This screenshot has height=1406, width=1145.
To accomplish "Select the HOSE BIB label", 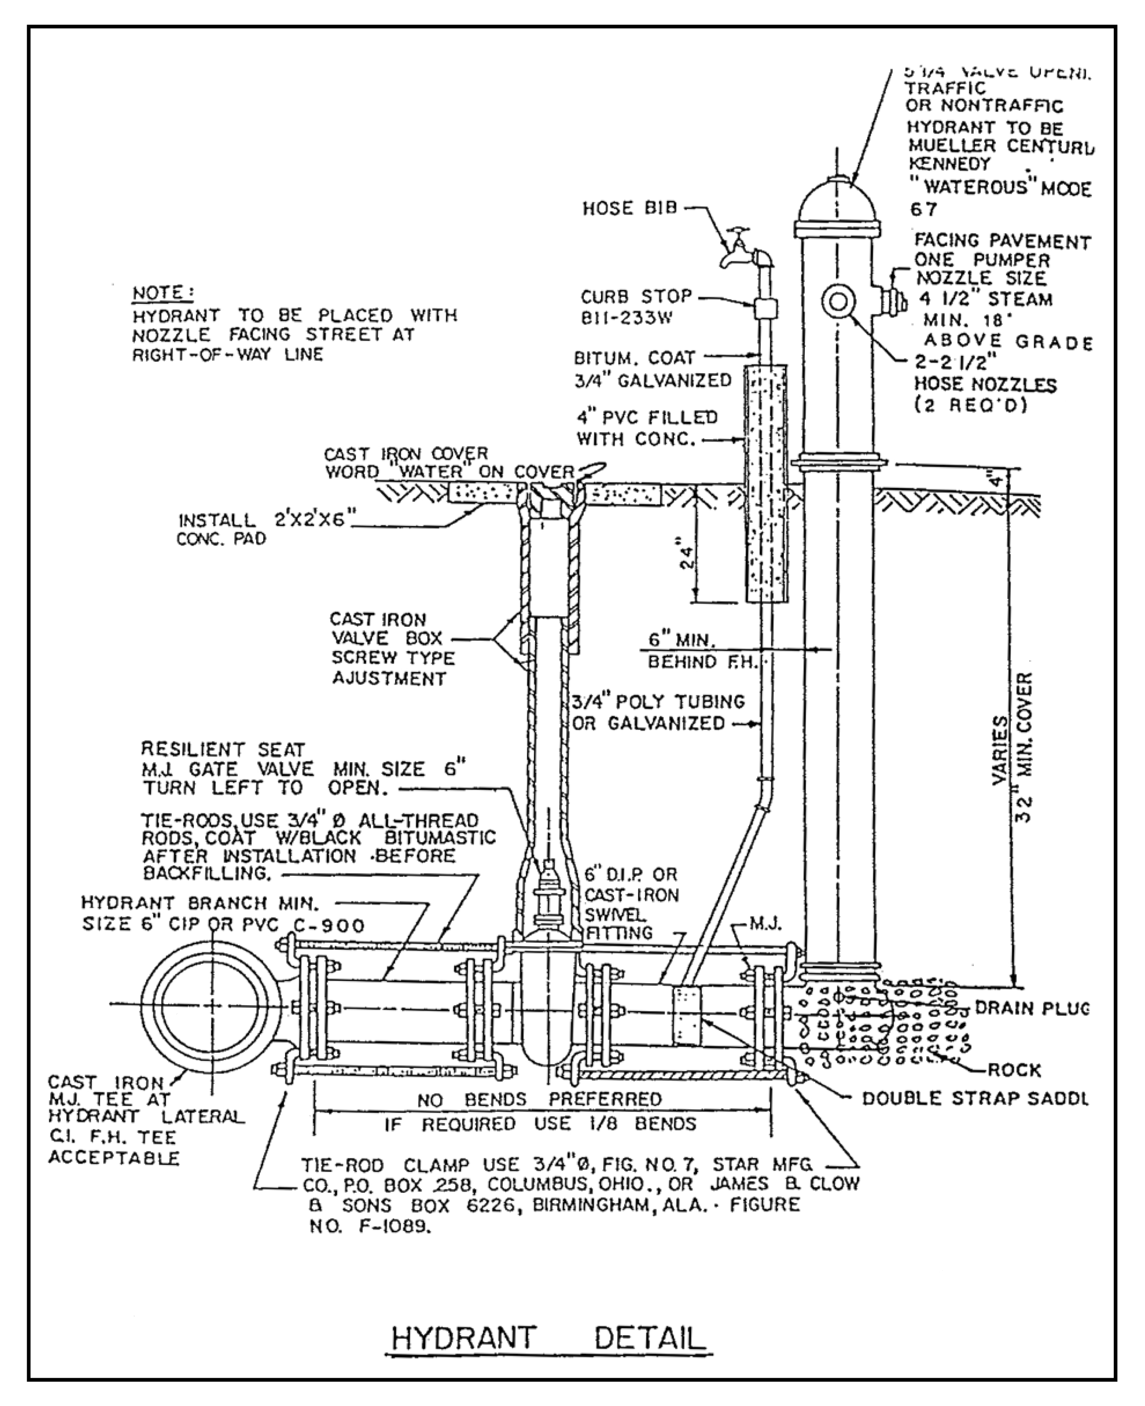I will coord(630,209).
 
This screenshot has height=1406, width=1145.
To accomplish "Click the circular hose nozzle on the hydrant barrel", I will coord(838,302).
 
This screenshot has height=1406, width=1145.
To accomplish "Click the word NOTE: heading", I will coord(162,292).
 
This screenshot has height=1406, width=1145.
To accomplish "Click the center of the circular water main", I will coord(212,1005).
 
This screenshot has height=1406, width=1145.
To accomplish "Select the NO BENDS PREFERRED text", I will coord(539,1099).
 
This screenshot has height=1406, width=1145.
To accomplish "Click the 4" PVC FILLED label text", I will coord(646,418).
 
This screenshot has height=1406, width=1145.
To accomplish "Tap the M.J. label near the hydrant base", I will coord(766,924).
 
